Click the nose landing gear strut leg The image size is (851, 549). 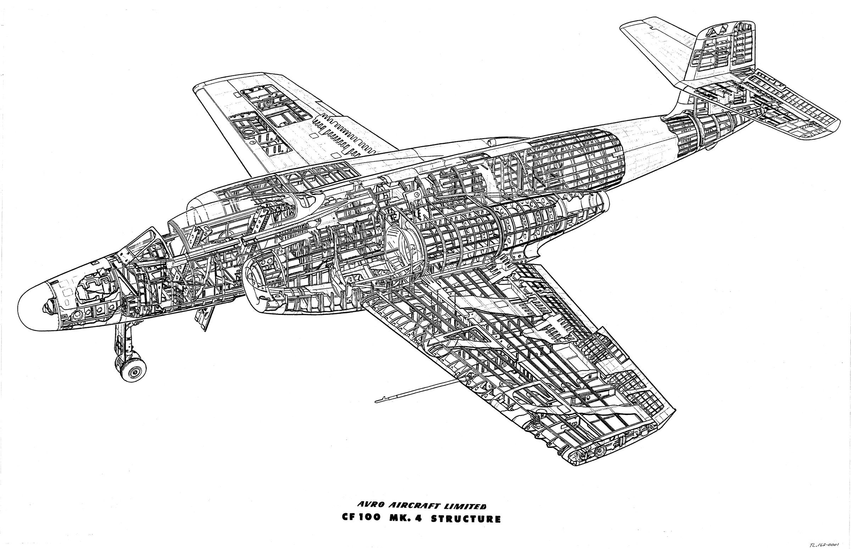point(121,339)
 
